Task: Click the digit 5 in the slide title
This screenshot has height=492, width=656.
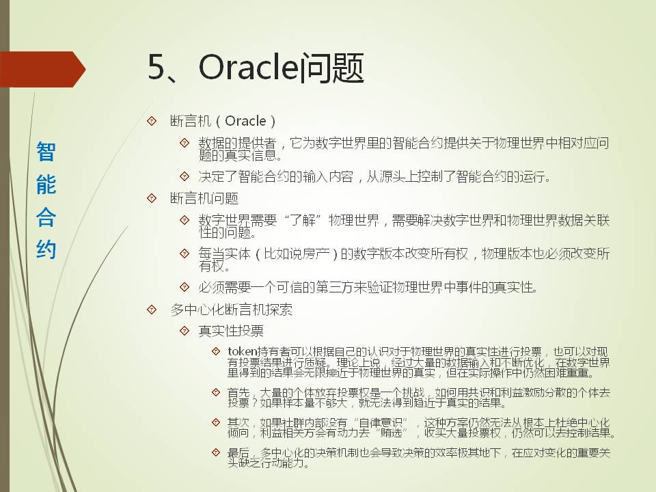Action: (x=156, y=68)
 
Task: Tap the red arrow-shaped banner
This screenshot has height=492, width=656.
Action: (x=42, y=70)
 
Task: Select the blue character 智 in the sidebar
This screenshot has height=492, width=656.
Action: (x=46, y=152)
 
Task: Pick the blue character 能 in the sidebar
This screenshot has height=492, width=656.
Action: (x=46, y=184)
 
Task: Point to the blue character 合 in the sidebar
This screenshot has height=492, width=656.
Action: (x=46, y=217)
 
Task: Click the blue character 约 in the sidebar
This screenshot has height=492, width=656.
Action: (x=46, y=249)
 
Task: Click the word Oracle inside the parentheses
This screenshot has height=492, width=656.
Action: (x=245, y=121)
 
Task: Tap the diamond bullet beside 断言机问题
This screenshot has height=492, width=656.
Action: (x=152, y=198)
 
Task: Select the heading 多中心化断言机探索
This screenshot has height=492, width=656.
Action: (x=231, y=310)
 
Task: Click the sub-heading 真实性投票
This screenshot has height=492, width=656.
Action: (x=231, y=331)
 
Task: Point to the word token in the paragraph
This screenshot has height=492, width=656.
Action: (x=242, y=351)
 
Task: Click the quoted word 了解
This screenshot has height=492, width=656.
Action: (x=303, y=220)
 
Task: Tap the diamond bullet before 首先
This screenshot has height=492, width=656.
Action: (x=216, y=392)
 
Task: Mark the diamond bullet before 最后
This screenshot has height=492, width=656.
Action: (x=216, y=452)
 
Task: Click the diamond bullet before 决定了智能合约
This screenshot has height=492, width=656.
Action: (x=184, y=176)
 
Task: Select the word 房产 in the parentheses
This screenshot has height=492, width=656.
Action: (x=316, y=254)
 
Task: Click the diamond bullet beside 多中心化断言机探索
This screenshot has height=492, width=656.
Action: (x=152, y=310)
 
